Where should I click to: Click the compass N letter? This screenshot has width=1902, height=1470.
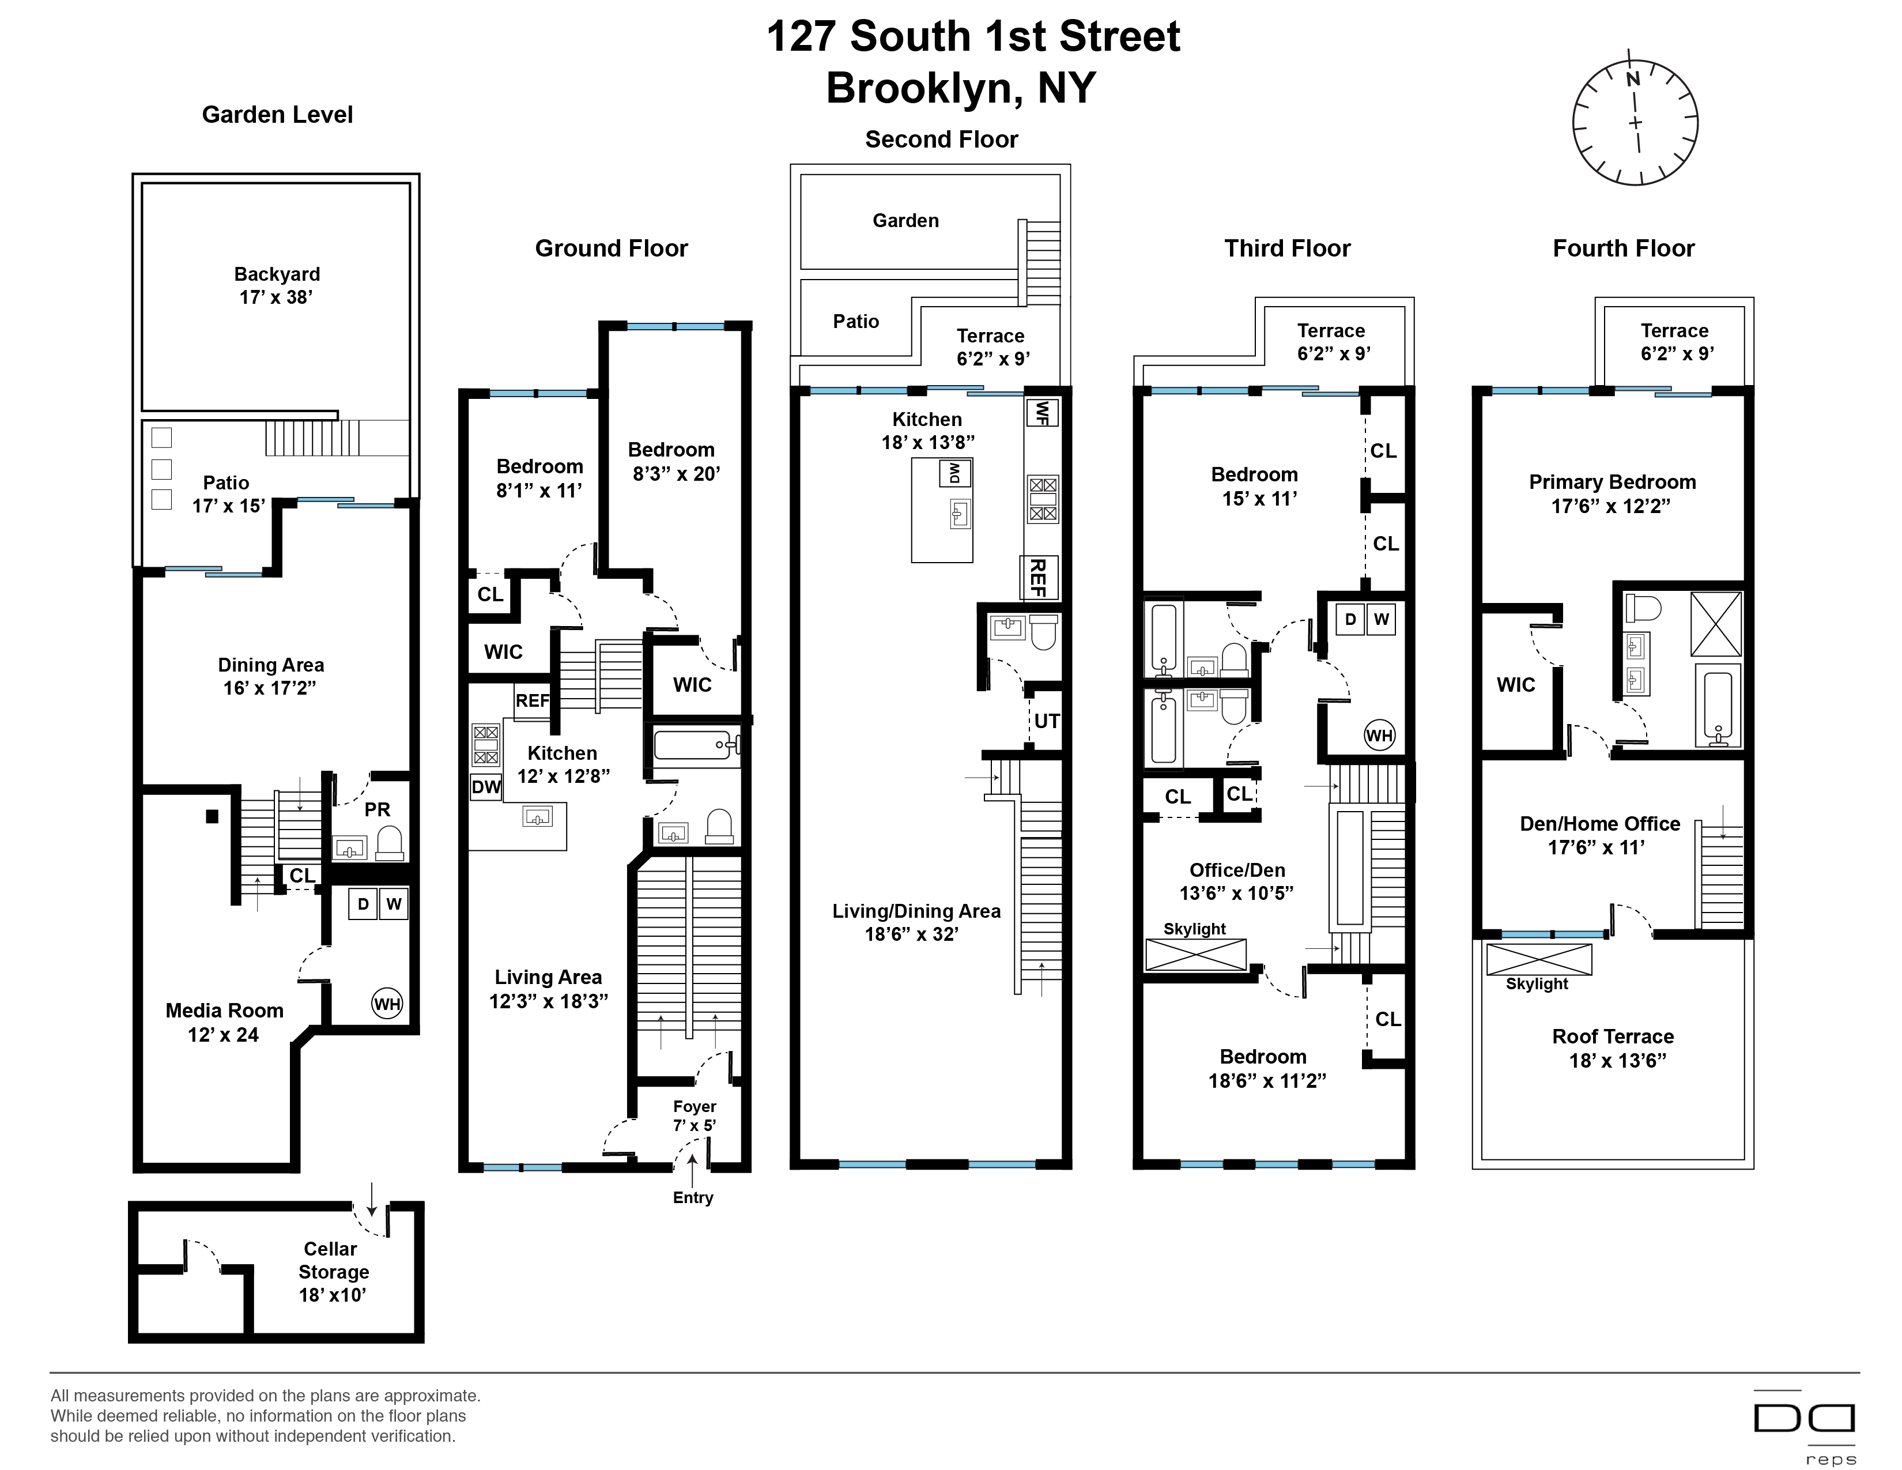click(x=1633, y=79)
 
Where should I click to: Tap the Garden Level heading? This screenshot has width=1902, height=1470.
click(x=277, y=115)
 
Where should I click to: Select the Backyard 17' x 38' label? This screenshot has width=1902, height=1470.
click(x=277, y=285)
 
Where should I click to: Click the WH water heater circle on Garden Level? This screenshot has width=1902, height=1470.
click(x=387, y=1004)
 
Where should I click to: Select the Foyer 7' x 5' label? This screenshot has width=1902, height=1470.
click(x=694, y=1115)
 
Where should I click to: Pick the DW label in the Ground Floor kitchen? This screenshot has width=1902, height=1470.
click(x=486, y=787)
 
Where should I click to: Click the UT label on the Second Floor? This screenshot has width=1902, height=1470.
click(x=1047, y=721)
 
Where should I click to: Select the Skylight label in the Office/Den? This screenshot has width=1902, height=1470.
click(x=1194, y=929)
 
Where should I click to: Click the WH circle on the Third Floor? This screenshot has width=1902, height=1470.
click(x=1379, y=735)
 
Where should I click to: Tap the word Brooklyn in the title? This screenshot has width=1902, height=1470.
click(x=924, y=88)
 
